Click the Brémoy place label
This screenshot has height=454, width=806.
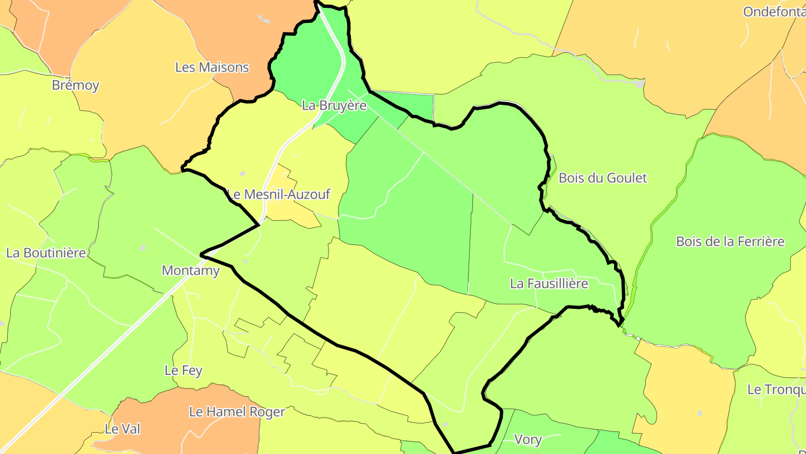pyautogui.click(x=76, y=85)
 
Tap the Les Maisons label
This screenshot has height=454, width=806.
pyautogui.click(x=212, y=67)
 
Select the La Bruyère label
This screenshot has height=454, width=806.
pyautogui.click(x=334, y=105)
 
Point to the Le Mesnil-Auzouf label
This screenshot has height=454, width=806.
pyautogui.click(x=279, y=194)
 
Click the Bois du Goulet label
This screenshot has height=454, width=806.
pyautogui.click(x=603, y=178)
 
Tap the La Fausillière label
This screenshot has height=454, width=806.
pyautogui.click(x=549, y=284)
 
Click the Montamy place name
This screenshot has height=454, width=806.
pyautogui.click(x=190, y=270)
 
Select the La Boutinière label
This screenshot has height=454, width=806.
pyautogui.click(x=46, y=253)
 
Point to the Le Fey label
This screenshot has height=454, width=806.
pyautogui.click(x=183, y=370)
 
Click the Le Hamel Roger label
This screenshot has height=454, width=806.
pyautogui.click(x=237, y=412)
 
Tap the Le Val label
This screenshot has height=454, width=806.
pyautogui.click(x=123, y=429)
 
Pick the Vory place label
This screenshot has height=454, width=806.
pyautogui.click(x=528, y=439)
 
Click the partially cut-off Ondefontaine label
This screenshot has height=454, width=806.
pyautogui.click(x=774, y=12)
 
